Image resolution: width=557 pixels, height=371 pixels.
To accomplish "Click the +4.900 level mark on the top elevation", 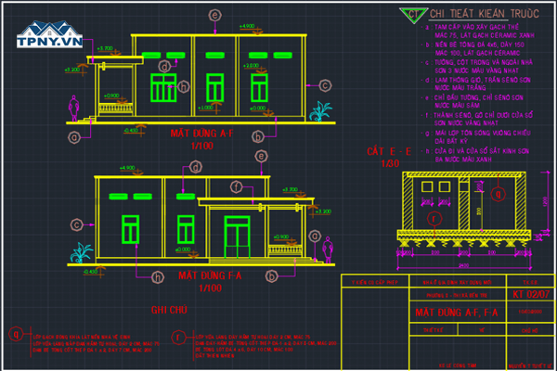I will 248,27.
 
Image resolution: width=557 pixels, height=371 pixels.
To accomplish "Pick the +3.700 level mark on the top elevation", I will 104,47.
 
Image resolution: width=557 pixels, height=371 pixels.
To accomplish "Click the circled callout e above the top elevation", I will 215,16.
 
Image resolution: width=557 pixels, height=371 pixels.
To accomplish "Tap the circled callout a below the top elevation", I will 73,135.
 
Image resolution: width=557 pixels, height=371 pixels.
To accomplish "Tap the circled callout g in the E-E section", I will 498,196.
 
